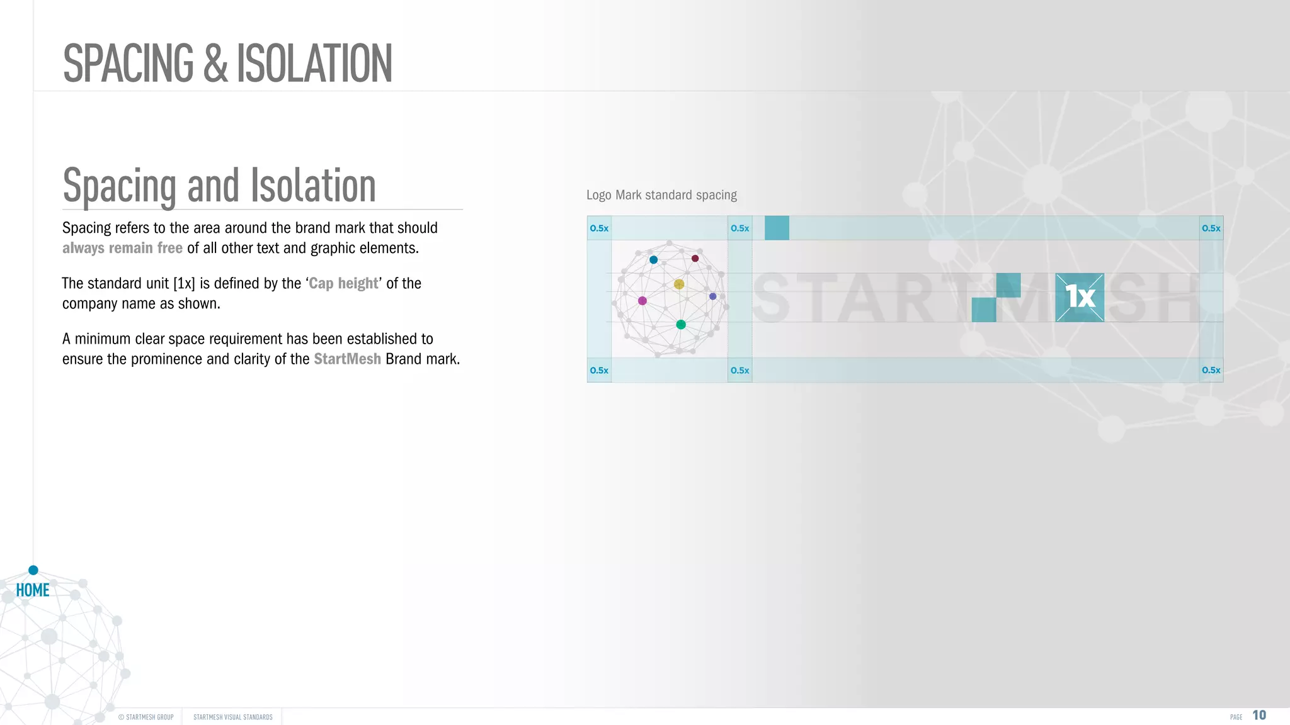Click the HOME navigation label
(x=33, y=590)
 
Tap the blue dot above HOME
(x=33, y=570)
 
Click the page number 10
(x=1259, y=716)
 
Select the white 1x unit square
(x=1080, y=297)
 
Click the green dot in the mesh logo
(x=681, y=325)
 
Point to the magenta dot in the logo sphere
(x=642, y=301)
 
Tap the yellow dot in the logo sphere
(x=679, y=284)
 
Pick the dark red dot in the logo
(x=695, y=259)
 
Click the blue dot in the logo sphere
(x=654, y=260)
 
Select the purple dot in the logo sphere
(x=713, y=296)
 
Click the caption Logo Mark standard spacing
(x=661, y=195)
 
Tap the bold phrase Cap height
(x=343, y=284)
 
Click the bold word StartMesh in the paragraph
(x=347, y=359)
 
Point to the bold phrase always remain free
(x=122, y=249)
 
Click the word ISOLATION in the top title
(x=314, y=64)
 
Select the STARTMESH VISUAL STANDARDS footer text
(x=233, y=717)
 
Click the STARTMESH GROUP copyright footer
(x=146, y=717)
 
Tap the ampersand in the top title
(x=215, y=64)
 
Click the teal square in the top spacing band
(x=777, y=228)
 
